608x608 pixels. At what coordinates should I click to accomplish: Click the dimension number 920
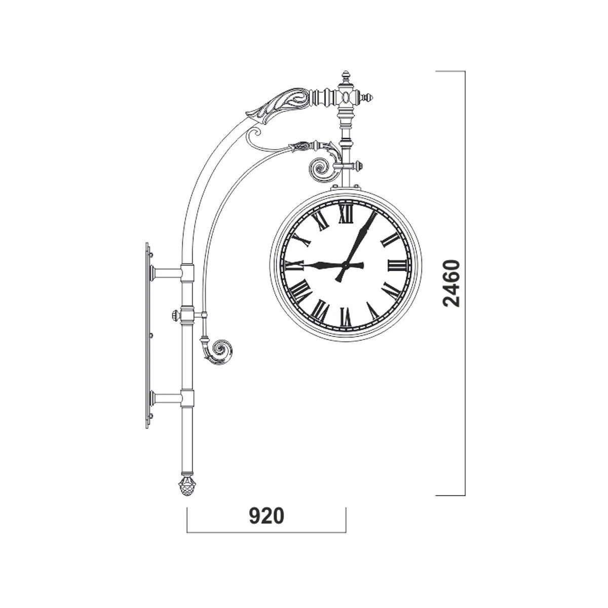click(x=267, y=516)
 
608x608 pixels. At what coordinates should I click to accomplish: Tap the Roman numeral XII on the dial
click(x=346, y=214)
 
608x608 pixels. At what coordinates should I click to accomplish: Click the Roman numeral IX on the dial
click(x=294, y=265)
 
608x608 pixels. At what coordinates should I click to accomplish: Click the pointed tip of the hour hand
click(x=303, y=265)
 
